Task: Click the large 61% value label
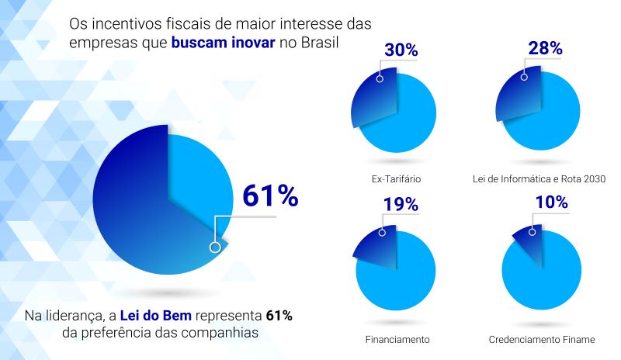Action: [x=270, y=196]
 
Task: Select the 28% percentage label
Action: [x=544, y=49]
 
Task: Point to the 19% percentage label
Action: [x=401, y=205]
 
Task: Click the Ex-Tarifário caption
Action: [x=397, y=179]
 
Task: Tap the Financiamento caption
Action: [x=397, y=340]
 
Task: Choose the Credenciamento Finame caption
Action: [x=542, y=340]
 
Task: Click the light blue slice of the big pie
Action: [x=198, y=175]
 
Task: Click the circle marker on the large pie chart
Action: [x=215, y=247]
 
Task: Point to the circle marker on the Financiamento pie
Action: [x=381, y=232]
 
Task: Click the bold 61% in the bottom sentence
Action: [x=279, y=316]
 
